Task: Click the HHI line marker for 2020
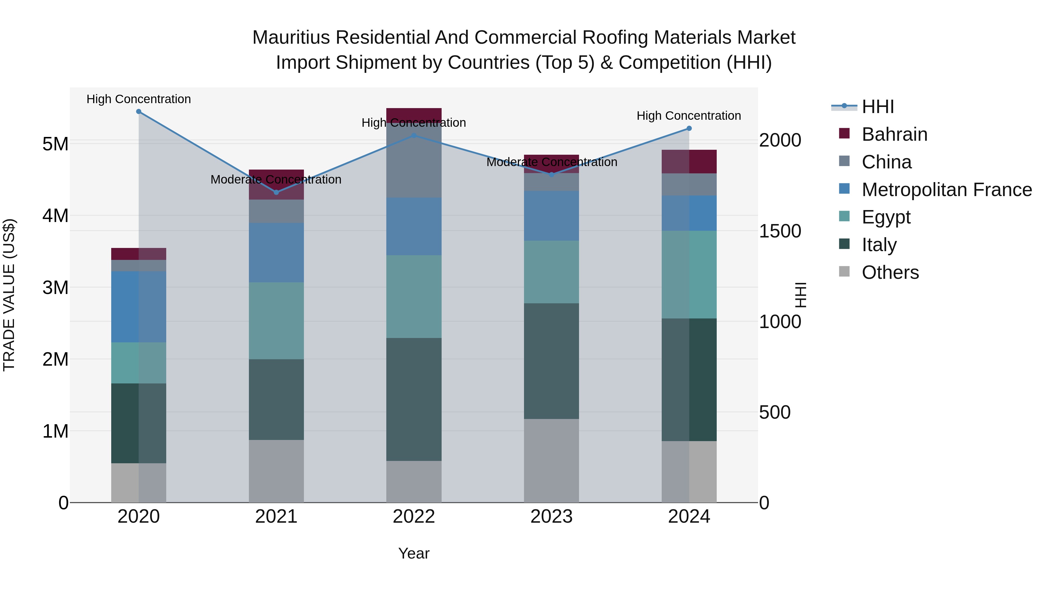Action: click(139, 112)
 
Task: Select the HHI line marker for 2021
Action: click(276, 192)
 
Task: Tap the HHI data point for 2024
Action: click(689, 128)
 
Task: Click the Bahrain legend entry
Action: click(894, 134)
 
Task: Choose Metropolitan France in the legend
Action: click(946, 190)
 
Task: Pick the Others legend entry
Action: click(890, 272)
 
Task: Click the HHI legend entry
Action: click(877, 107)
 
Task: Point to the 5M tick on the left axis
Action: click(55, 144)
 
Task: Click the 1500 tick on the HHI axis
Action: click(780, 231)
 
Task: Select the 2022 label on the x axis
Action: click(414, 517)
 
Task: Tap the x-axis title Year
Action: click(414, 553)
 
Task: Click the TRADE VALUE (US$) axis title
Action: click(9, 295)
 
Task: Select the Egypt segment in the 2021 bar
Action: click(276, 320)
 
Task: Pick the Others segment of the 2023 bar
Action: click(551, 461)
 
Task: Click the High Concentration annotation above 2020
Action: click(139, 99)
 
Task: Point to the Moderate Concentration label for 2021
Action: click(276, 179)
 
